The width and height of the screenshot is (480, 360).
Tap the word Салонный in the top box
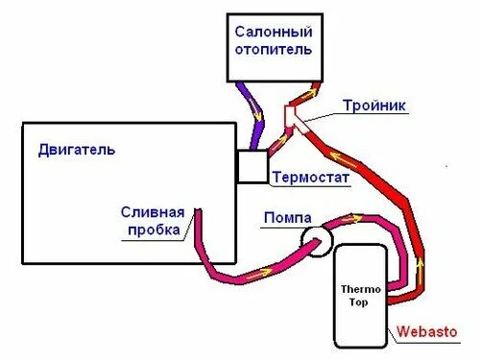(274, 32)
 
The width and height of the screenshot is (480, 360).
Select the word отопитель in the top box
(274, 49)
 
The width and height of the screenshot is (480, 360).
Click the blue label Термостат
(310, 178)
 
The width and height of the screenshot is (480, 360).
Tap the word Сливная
(149, 212)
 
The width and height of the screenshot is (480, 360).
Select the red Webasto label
(429, 333)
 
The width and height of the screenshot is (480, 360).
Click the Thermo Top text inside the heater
(361, 293)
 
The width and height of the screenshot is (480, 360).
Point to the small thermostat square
(252, 166)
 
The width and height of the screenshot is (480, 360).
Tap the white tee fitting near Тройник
(292, 117)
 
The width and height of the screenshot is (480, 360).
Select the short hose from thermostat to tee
(277, 142)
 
